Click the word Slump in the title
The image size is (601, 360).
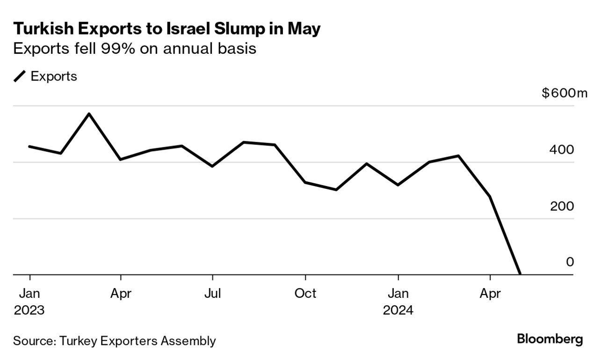pos(234,29)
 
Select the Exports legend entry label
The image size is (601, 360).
pos(54,76)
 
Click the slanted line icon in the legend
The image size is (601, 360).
pos(20,76)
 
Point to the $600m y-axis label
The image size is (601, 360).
pos(564,93)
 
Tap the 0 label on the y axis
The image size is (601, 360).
pos(570,262)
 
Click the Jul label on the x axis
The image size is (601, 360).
pos(213,294)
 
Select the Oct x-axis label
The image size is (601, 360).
pos(305,294)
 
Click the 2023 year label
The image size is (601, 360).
pos(29,310)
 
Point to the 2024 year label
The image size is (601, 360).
pos(398,310)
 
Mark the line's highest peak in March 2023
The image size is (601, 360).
pos(89,114)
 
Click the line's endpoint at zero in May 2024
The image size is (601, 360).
pos(520,274)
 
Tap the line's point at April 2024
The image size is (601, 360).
pos(490,196)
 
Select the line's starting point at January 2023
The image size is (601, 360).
pos(29,146)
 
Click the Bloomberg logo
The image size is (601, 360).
pos(550,339)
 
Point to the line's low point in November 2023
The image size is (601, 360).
pos(336,190)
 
